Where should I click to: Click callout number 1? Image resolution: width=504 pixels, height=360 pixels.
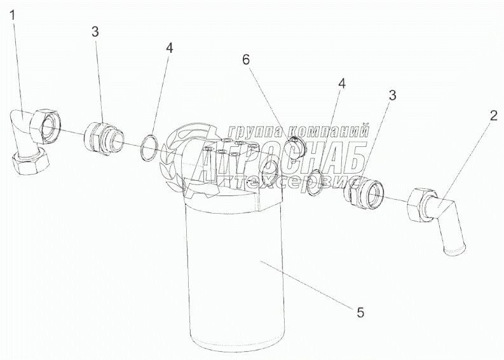tap(13, 15)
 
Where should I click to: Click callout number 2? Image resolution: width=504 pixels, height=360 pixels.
tap(493, 116)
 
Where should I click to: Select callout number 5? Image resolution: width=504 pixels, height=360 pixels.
tap(360, 312)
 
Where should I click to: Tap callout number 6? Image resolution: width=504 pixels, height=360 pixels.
tap(246, 60)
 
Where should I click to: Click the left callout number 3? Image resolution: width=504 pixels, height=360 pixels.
tap(95, 32)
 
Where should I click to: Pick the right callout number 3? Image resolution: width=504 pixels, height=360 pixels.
tap(392, 95)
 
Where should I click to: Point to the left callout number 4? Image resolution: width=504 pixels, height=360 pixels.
tap(170, 48)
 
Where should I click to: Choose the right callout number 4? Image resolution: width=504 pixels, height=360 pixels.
tap(342, 84)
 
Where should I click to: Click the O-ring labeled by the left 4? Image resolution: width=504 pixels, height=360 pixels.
tap(149, 148)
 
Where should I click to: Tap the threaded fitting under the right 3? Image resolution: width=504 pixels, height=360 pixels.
tap(364, 191)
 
